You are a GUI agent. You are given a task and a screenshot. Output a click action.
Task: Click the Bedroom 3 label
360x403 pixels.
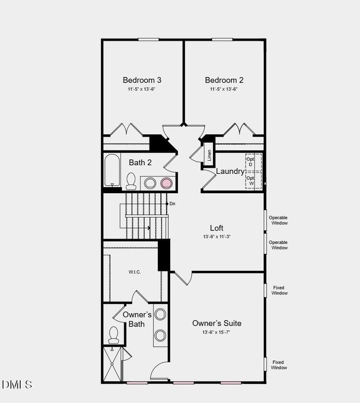(142, 80)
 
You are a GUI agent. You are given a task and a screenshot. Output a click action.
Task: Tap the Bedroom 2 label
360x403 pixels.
(224, 80)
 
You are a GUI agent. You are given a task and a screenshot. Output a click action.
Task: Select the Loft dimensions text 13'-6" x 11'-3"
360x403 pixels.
(216, 236)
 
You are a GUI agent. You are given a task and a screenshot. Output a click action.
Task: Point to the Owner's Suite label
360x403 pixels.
(216, 323)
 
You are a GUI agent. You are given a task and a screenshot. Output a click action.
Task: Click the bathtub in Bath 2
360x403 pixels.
(112, 170)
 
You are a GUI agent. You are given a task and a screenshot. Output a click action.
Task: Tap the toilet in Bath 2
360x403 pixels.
(131, 181)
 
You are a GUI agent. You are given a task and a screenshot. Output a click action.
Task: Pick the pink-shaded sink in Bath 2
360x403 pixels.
(166, 183)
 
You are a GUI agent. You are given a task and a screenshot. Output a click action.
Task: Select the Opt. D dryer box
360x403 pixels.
(250, 162)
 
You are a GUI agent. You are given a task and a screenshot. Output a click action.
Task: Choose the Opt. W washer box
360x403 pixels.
(250, 181)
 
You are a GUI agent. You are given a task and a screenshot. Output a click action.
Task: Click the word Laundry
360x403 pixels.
(230, 171)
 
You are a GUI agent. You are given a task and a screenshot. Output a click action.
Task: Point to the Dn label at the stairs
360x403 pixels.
(172, 204)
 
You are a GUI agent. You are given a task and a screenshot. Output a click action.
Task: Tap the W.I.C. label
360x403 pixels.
(135, 272)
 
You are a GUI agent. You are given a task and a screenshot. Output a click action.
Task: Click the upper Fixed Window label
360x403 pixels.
(279, 290)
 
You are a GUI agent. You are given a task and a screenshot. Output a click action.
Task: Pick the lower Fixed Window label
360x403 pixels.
(279, 365)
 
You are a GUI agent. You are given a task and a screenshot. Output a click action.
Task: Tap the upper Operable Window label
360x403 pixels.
(278, 220)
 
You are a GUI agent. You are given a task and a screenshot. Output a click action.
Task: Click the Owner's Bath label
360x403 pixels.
(137, 319)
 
